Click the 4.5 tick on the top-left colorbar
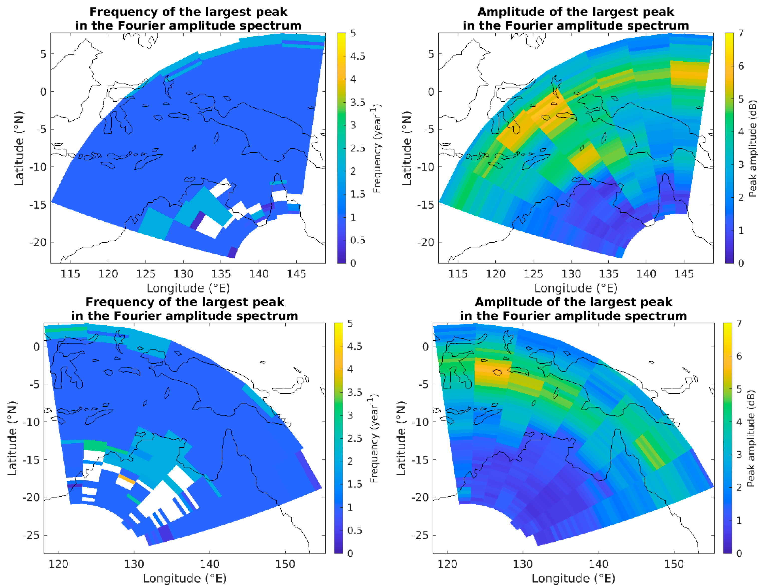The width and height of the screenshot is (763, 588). click(x=357, y=56)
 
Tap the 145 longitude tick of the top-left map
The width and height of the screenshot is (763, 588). click(x=296, y=274)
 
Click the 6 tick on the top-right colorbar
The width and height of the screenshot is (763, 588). click(x=741, y=66)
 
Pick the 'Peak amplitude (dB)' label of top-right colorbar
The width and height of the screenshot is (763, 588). click(x=753, y=148)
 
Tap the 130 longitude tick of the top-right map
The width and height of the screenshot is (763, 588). click(x=571, y=274)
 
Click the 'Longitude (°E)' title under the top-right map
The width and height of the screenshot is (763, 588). click(x=576, y=288)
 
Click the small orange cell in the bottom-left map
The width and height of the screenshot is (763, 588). click(x=127, y=479)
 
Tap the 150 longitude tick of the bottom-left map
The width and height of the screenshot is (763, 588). click(x=285, y=564)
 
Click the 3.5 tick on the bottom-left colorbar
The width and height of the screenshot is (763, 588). click(x=355, y=392)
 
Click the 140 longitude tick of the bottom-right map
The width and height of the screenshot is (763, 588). click(x=599, y=564)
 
